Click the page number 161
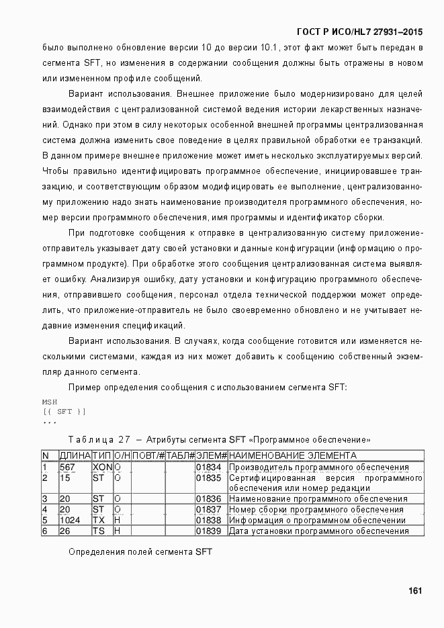(414, 590)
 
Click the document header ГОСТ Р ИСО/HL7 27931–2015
(359, 32)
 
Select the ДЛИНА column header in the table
(75, 455)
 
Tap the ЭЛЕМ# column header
(211, 455)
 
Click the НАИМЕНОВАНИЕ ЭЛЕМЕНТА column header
(292, 455)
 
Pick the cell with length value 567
(67, 467)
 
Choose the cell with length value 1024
(70, 520)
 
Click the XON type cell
(101, 467)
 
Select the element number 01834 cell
(208, 467)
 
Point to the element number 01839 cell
(208, 531)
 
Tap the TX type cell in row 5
(98, 520)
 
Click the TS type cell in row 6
(98, 531)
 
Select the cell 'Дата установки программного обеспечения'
(318, 531)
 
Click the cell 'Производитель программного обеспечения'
(318, 467)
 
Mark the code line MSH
(50, 402)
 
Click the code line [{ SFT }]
(64, 411)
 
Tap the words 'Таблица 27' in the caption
(99, 439)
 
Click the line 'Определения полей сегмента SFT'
(140, 551)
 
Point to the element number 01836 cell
(208, 499)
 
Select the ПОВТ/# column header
(148, 455)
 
